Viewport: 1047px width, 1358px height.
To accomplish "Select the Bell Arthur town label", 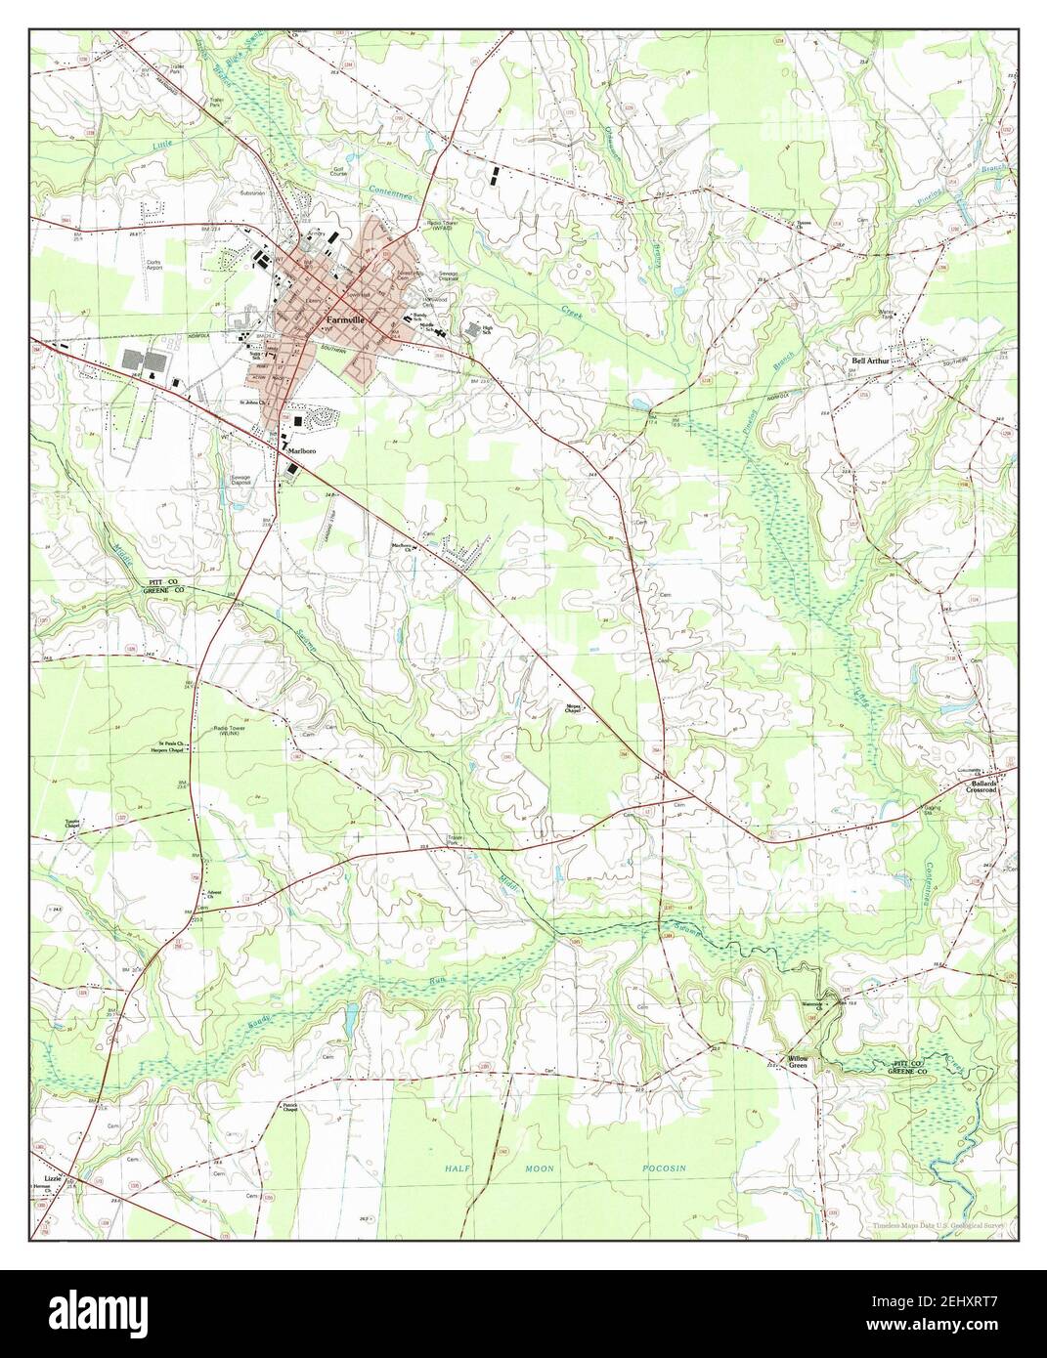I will pyautogui.click(x=873, y=361).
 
